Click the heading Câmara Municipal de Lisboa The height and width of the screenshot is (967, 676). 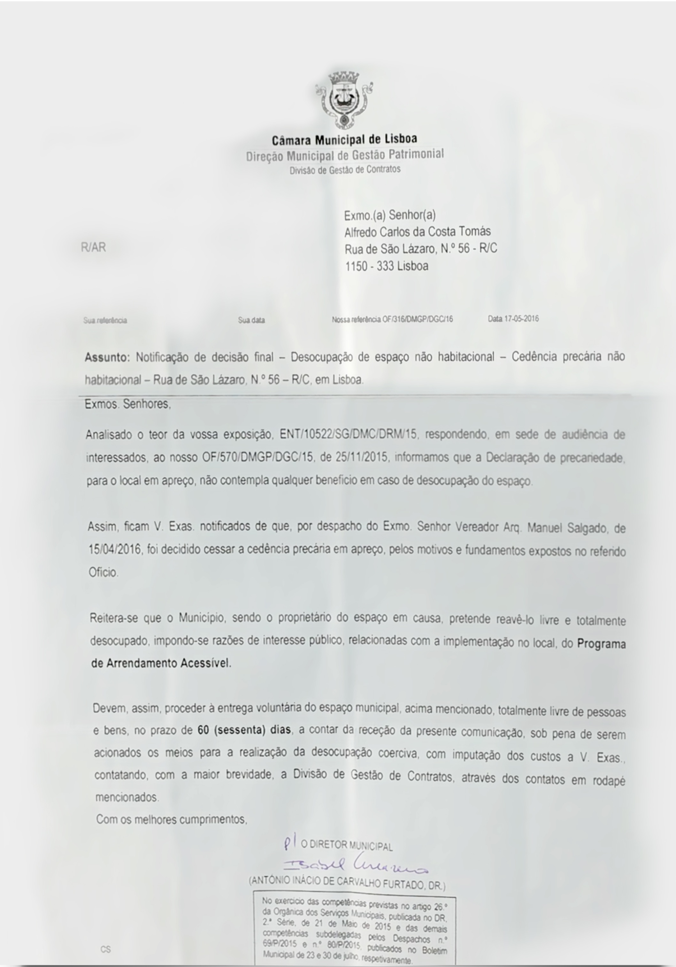(344, 139)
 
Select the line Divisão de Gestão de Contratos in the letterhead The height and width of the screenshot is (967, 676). (345, 170)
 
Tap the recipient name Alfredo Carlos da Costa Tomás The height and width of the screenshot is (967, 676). (417, 232)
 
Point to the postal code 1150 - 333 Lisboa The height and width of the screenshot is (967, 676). (387, 266)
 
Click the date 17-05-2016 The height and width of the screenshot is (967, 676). (521, 319)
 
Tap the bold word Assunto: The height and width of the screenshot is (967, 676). (107, 358)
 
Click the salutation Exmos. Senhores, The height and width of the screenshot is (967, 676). (127, 404)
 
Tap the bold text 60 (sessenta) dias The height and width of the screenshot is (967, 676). (244, 730)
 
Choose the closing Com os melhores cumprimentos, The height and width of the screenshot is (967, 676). (172, 820)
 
